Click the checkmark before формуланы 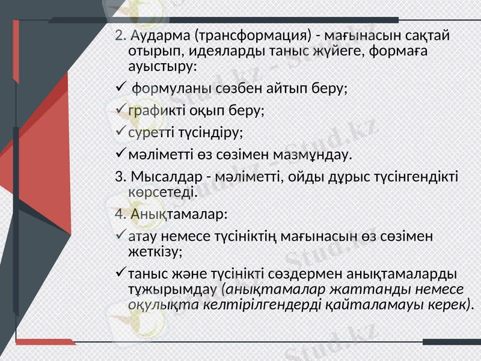pyautogui.click(x=120, y=88)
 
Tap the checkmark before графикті pyautogui.click(x=120, y=110)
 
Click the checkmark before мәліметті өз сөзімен pyautogui.click(x=120, y=154)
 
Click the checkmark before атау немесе pyautogui.click(x=120, y=235)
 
